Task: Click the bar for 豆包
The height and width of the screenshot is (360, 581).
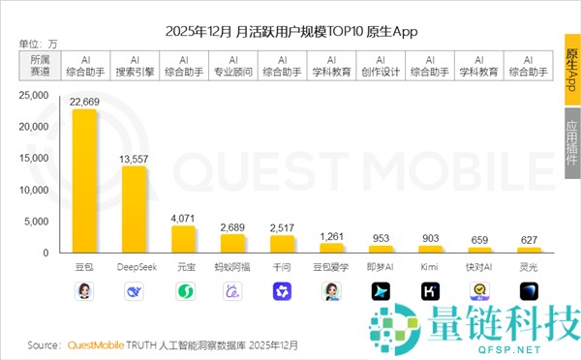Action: click(84, 181)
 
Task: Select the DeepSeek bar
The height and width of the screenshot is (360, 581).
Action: click(134, 209)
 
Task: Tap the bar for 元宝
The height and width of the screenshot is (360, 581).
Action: click(183, 239)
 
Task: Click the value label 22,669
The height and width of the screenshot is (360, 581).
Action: click(84, 102)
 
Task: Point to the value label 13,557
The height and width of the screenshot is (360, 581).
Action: click(134, 159)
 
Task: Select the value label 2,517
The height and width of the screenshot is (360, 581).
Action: click(282, 227)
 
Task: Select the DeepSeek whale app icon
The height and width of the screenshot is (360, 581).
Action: click(134, 290)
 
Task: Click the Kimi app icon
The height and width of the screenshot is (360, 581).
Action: click(430, 290)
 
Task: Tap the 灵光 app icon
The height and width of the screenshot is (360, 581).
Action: click(529, 290)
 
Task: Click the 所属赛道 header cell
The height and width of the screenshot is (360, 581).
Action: click(41, 65)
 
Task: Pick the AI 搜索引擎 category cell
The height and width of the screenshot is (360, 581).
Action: click(134, 65)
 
